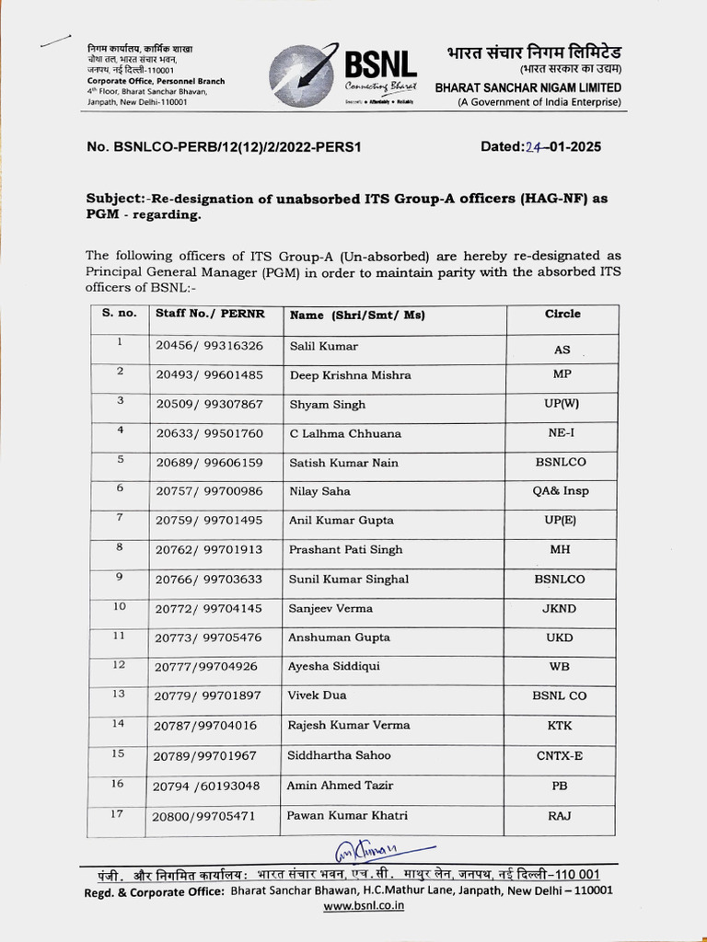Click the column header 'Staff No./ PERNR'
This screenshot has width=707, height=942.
tap(210, 314)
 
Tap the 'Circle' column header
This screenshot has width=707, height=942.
tap(562, 314)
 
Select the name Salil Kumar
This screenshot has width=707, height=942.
tap(323, 346)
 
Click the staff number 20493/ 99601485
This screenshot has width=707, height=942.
tap(209, 375)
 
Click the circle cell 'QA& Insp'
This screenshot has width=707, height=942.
tap(561, 491)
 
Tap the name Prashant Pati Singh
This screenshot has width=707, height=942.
tap(346, 549)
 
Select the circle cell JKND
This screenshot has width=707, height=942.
tap(561, 608)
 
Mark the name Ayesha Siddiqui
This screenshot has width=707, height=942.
tap(334, 666)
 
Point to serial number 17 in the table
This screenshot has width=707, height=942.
tap(118, 814)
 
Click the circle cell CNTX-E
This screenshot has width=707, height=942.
tap(561, 755)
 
